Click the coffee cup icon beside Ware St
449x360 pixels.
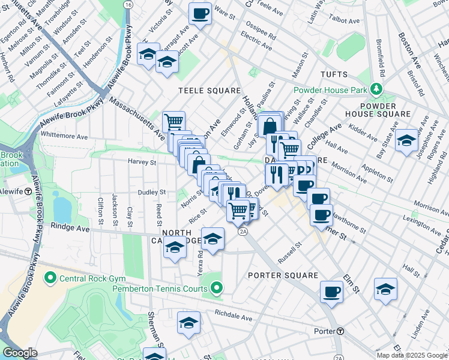coord(200,13)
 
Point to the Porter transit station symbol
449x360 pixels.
coord(340,331)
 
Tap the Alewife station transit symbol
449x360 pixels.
coord(28,191)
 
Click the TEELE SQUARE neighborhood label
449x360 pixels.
coord(209,91)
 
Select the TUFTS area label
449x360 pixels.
coord(334,75)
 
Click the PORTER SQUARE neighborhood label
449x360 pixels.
coord(282,275)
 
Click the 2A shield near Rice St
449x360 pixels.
coord(243,231)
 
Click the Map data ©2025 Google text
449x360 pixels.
coord(411,355)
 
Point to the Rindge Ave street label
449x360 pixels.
coord(70,227)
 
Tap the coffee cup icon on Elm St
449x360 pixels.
coord(331,292)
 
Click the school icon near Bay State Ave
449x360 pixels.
coord(406,140)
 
